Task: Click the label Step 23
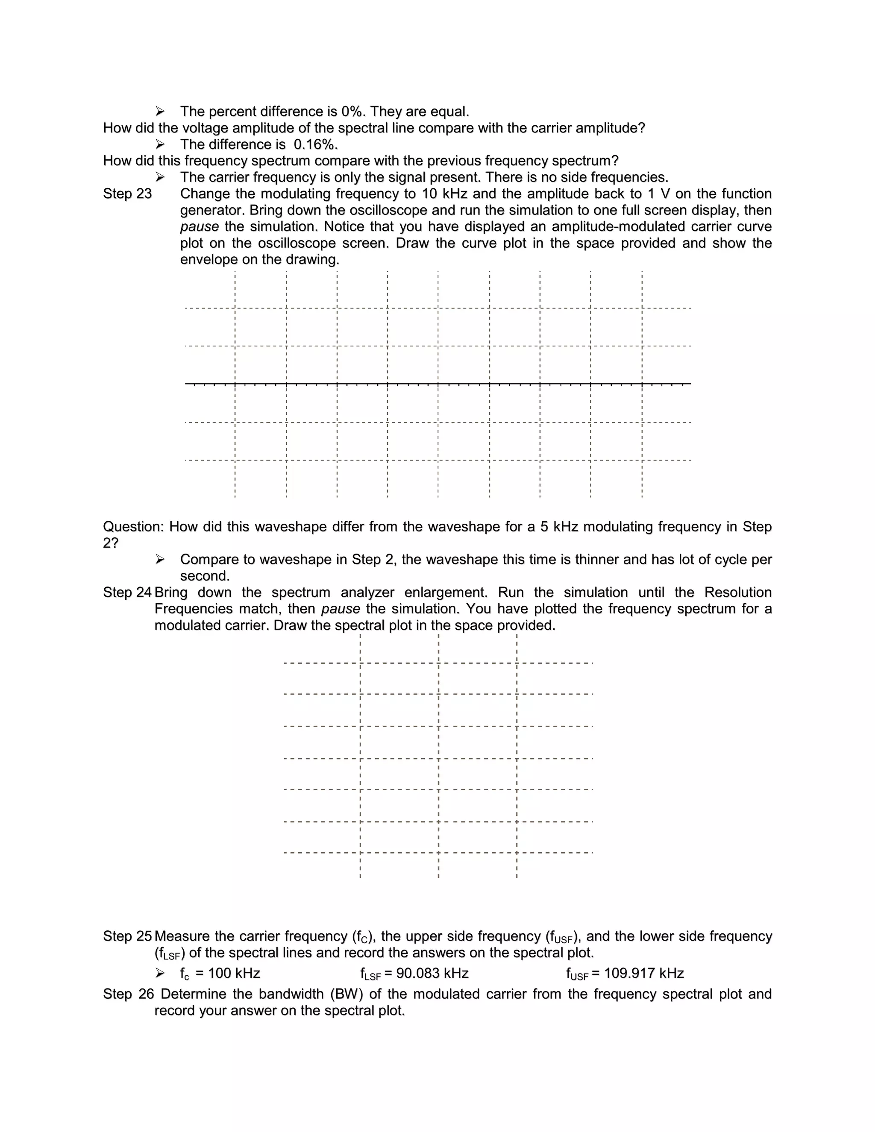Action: [x=127, y=194]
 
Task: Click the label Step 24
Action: [x=127, y=592]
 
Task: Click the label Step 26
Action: [x=129, y=994]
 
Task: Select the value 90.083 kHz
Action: [x=432, y=974]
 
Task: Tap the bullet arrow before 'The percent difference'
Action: [x=160, y=112]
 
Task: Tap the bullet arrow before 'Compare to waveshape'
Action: [x=160, y=560]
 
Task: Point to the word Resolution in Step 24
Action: [x=737, y=592]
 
